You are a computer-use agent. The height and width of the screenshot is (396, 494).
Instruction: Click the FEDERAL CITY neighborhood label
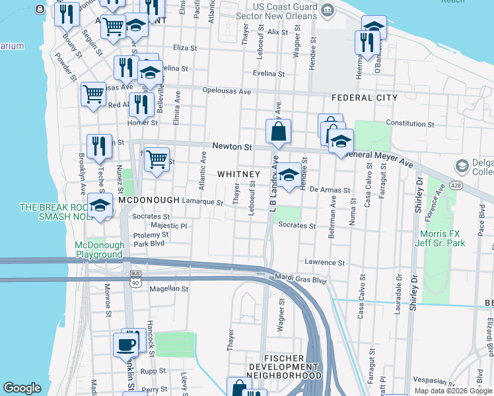click(x=365, y=98)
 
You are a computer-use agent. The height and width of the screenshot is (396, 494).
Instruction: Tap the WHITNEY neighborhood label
click(x=238, y=174)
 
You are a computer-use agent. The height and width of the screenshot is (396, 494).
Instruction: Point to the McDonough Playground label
click(x=99, y=249)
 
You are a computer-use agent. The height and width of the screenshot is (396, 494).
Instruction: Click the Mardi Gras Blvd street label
click(x=301, y=280)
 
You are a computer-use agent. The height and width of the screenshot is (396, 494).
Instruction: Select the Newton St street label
click(x=232, y=147)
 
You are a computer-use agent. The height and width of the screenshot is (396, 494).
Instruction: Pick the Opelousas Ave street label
click(x=227, y=90)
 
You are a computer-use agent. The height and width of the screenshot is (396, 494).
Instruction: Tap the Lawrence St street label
click(x=325, y=263)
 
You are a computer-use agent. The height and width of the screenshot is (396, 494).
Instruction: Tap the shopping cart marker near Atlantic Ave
click(x=157, y=158)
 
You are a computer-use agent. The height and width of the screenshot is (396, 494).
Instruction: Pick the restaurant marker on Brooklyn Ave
click(x=98, y=147)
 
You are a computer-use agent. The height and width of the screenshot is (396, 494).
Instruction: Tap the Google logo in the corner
click(x=22, y=388)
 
